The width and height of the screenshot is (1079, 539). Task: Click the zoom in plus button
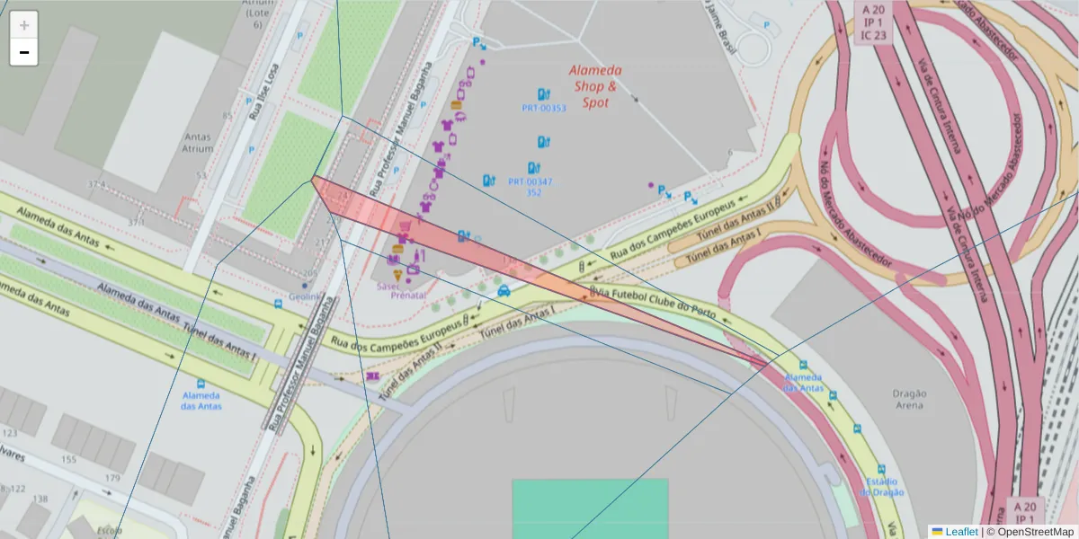24,25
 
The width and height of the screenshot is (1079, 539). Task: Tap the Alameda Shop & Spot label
595,86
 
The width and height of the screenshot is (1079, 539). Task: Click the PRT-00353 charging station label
544,108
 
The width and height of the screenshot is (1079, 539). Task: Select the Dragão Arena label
909,399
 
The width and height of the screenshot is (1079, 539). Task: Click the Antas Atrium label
197,143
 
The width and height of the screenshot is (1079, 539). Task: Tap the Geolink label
305,297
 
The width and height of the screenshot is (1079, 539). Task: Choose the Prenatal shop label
408,295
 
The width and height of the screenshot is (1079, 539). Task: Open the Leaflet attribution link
961,532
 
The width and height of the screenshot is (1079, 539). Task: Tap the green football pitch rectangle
590,508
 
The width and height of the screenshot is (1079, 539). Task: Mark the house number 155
68,460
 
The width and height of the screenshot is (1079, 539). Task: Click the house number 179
111,478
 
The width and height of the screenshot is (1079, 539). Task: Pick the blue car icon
504,291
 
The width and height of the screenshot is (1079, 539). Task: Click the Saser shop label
388,286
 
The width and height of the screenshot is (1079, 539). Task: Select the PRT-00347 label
531,181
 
